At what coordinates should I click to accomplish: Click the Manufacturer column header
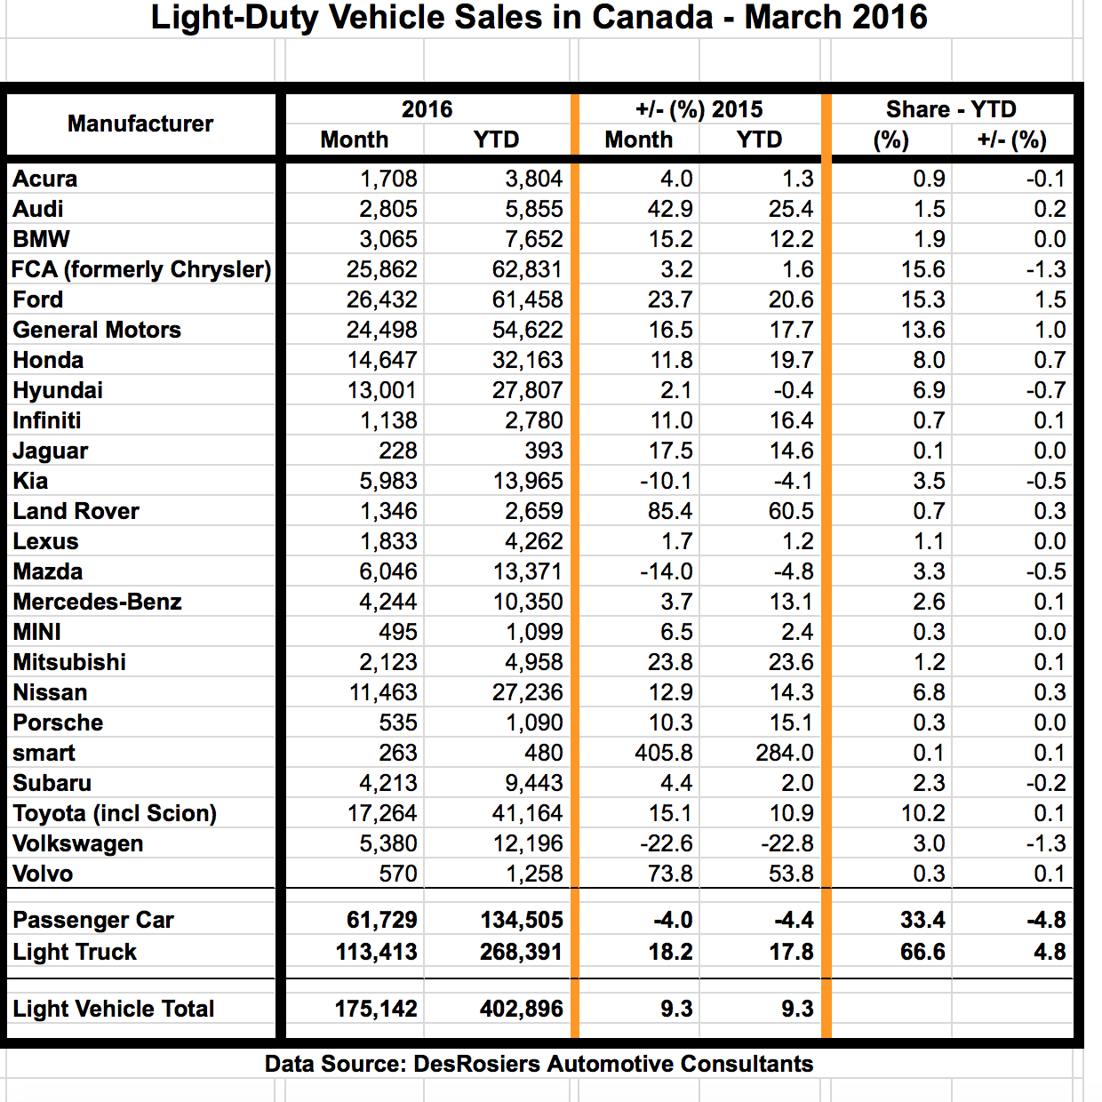(140, 124)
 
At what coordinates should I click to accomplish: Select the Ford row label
(38, 299)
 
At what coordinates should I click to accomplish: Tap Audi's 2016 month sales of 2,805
(387, 209)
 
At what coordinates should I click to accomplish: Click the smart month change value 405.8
(663, 753)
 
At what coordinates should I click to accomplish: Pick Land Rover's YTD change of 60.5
(791, 511)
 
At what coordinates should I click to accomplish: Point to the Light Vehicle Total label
(114, 1009)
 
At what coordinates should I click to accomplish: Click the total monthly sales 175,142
(376, 1009)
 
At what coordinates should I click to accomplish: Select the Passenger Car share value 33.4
(922, 920)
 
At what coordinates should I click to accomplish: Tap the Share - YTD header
(951, 109)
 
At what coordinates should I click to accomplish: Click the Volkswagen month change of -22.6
(666, 843)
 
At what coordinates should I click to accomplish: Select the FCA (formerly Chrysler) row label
(141, 269)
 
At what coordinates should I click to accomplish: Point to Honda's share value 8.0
(929, 360)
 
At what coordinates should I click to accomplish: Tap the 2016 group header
(427, 109)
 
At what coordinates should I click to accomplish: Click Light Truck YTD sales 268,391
(521, 952)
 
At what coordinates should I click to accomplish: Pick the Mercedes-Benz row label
(97, 602)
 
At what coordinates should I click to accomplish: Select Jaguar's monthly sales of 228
(397, 451)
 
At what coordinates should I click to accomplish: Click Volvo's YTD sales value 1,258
(534, 874)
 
